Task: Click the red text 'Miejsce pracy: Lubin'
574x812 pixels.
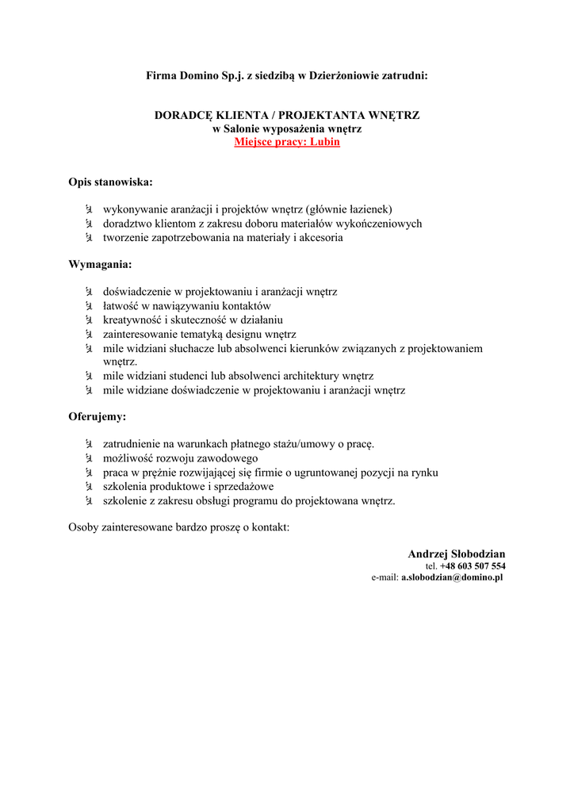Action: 287,142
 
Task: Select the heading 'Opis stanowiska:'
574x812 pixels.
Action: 110,182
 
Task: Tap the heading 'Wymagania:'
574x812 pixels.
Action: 100,264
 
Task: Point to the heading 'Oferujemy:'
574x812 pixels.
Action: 98,416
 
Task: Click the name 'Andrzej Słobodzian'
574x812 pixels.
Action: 457,553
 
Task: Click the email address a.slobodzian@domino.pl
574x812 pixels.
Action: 452,578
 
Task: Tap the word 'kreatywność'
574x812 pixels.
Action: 132,320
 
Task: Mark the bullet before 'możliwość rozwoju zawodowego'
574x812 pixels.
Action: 89,458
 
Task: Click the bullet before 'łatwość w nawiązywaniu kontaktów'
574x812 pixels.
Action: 89,306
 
